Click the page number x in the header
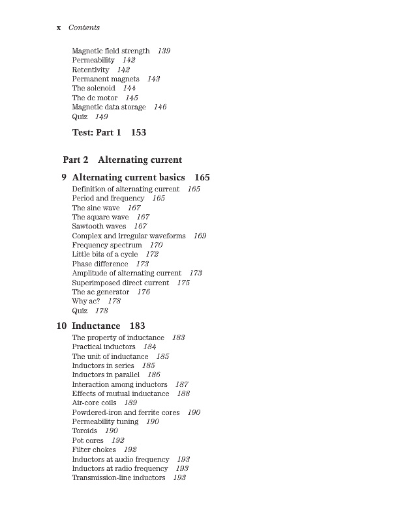tap(59, 28)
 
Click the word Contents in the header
tap(84, 28)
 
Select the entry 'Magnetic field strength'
tap(110, 51)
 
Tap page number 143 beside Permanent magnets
tap(153, 79)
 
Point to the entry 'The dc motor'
tap(95, 98)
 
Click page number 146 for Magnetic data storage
tap(160, 107)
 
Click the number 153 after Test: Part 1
tap(138, 132)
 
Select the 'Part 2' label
tap(76, 160)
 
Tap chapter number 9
tap(63, 177)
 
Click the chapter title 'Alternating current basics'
tap(129, 177)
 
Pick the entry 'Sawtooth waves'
tap(98, 226)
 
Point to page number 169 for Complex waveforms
tap(200, 236)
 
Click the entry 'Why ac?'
tap(85, 301)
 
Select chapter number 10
tap(61, 326)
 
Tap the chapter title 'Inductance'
tap(96, 326)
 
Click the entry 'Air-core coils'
tap(94, 402)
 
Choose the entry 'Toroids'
tap(84, 430)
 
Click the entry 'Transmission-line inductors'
tap(118, 477)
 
